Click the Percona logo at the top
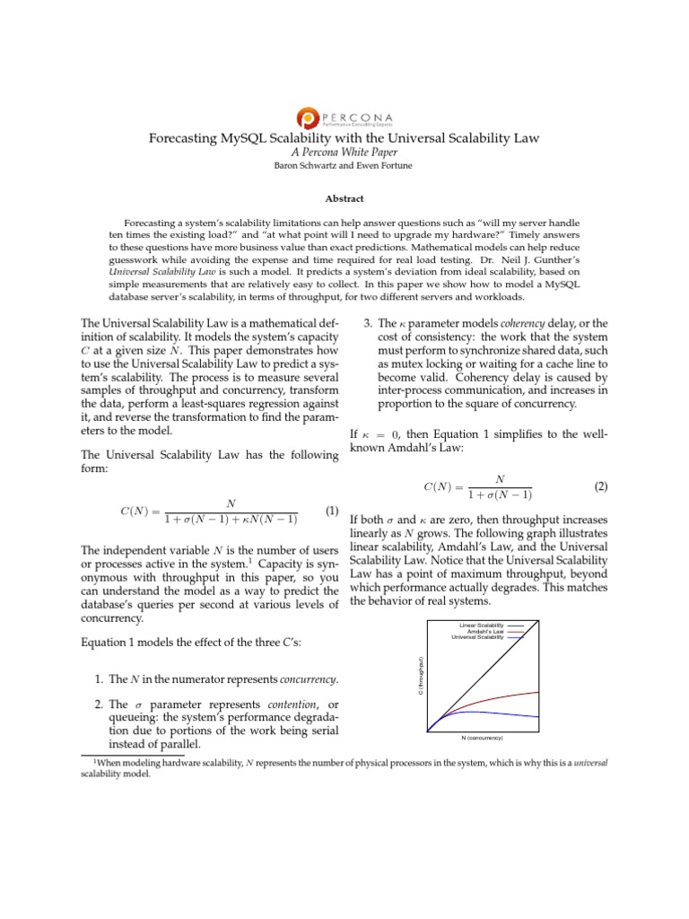(x=344, y=117)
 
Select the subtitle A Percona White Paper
(x=344, y=153)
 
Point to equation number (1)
(x=331, y=512)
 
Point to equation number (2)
(x=601, y=487)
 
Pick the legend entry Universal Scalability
(x=477, y=637)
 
